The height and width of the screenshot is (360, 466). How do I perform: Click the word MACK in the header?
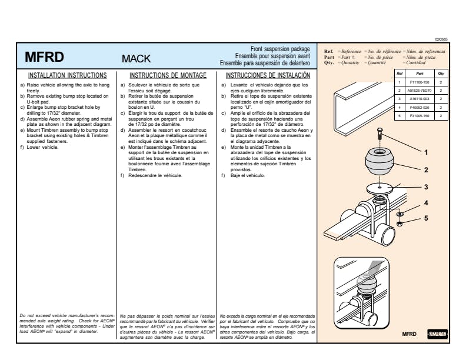(x=136, y=59)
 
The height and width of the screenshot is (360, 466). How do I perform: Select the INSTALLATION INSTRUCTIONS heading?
(x=68, y=75)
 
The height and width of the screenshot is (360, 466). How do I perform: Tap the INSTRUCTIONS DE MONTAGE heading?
(x=168, y=75)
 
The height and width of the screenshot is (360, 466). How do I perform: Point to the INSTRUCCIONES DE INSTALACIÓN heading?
(x=268, y=75)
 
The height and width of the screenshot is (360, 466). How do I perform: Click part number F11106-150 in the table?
(x=420, y=82)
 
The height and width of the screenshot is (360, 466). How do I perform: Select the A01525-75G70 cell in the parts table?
(x=420, y=91)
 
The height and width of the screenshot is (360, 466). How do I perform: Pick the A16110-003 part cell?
(x=420, y=99)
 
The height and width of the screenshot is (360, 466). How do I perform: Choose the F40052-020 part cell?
(x=420, y=108)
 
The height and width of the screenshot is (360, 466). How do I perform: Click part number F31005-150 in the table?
(x=420, y=116)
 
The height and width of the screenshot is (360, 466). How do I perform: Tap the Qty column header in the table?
(x=441, y=74)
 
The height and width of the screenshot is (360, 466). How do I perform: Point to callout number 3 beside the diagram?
(x=426, y=187)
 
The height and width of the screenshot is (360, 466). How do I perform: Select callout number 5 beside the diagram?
(x=426, y=219)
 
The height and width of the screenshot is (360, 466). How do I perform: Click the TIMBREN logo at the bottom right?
(x=437, y=334)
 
